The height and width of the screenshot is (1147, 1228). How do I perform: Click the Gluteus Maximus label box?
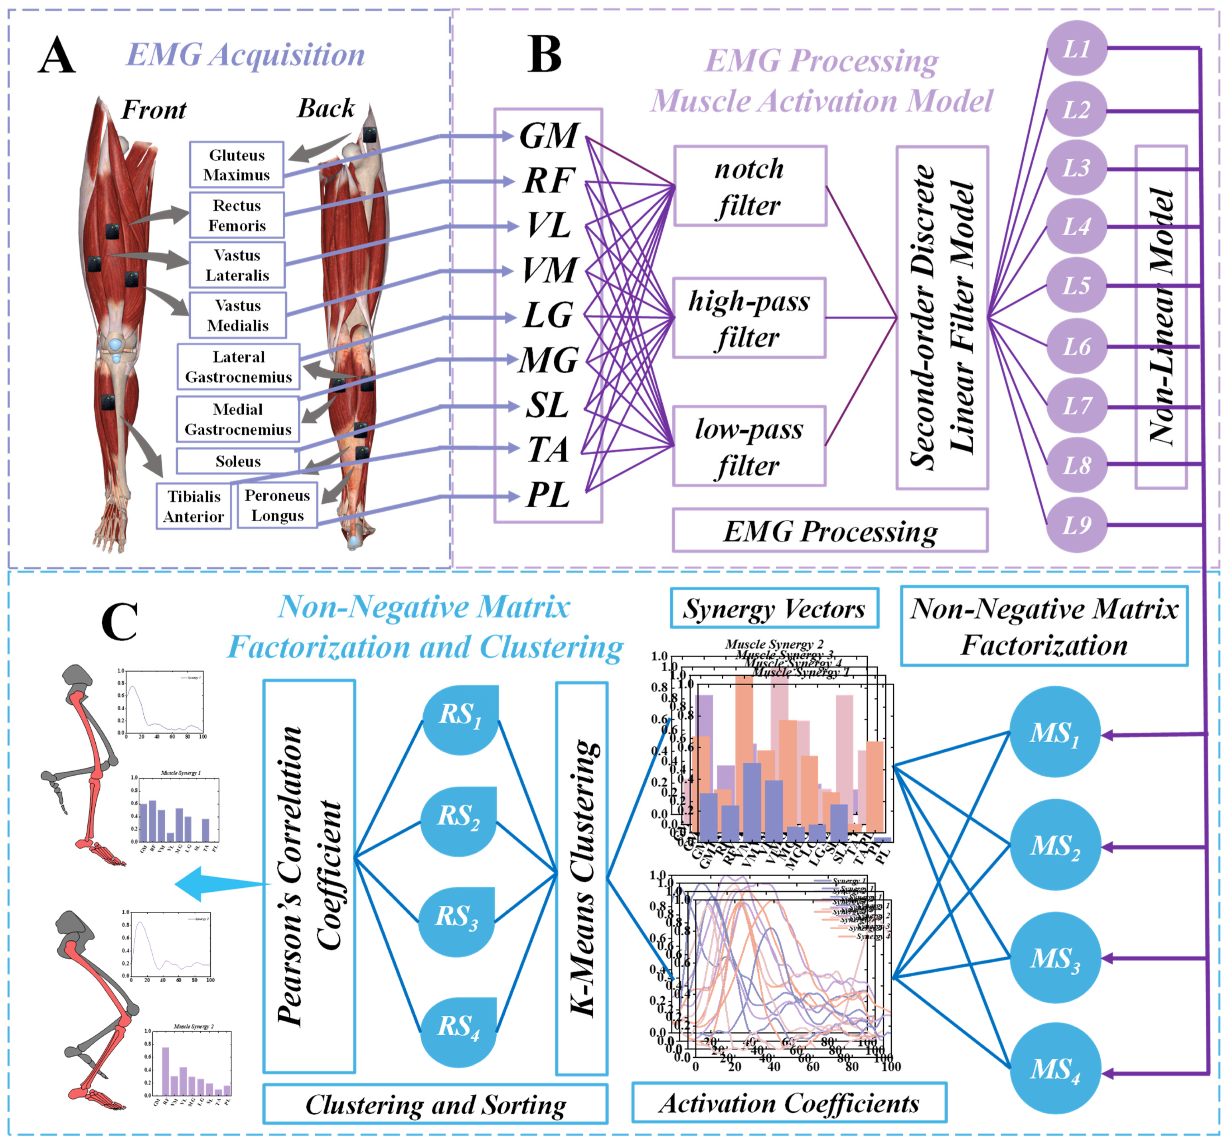click(237, 165)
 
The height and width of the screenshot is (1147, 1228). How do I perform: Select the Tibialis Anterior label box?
click(194, 506)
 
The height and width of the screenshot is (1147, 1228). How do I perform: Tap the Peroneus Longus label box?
click(277, 505)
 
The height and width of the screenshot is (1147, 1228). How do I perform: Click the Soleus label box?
click(238, 461)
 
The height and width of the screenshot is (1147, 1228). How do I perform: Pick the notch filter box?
click(750, 186)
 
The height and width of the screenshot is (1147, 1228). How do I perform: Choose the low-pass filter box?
click(749, 446)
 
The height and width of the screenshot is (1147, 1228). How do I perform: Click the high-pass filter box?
click(749, 318)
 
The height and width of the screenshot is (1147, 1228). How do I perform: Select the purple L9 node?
click(1076, 525)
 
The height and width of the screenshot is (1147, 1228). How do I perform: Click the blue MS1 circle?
click(1054, 733)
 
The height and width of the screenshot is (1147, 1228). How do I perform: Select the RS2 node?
click(458, 821)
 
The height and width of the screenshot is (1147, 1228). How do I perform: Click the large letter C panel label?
click(119, 622)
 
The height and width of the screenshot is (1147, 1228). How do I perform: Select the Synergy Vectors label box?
click(774, 609)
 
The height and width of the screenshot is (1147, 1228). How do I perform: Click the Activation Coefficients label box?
click(789, 1103)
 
